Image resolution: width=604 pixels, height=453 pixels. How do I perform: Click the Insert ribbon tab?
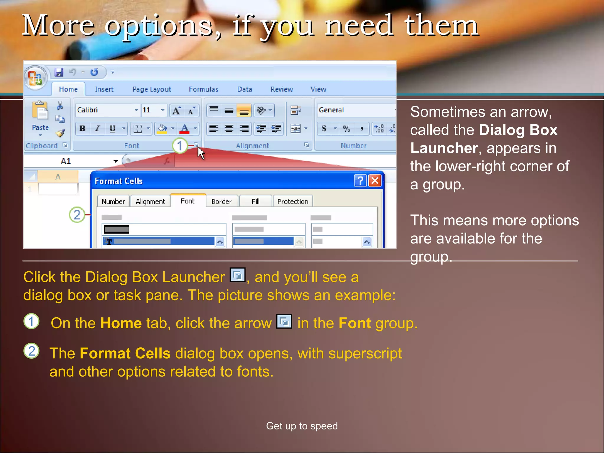[104, 89]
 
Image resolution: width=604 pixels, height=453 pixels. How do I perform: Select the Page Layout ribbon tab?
[152, 89]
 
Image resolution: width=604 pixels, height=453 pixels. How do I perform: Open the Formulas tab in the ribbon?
[203, 89]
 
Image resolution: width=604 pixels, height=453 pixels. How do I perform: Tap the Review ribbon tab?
[282, 89]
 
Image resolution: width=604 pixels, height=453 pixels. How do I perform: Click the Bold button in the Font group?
[83, 129]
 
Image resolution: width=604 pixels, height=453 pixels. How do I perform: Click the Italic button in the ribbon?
[97, 129]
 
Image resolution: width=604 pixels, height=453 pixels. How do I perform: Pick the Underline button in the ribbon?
[112, 129]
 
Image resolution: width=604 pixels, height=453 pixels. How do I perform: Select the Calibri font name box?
[105, 110]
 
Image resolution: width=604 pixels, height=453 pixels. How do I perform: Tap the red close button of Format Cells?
[375, 180]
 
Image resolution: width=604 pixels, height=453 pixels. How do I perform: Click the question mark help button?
[360, 180]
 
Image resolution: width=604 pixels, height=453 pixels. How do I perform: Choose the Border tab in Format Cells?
[221, 201]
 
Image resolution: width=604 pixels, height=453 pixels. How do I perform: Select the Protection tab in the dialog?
[293, 201]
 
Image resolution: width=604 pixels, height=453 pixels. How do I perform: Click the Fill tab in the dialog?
[255, 201]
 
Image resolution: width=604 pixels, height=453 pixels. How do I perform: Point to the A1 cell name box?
[66, 161]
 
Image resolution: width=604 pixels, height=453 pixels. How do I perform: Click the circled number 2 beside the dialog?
[77, 214]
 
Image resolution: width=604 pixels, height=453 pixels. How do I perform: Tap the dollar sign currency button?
[324, 129]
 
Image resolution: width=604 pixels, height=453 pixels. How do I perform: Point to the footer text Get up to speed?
[302, 426]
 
